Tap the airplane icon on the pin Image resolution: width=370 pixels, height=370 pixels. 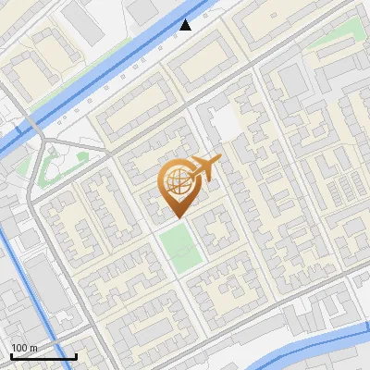pyautogui.click(x=205, y=168)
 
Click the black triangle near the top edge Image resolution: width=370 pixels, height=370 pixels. pyautogui.click(x=186, y=25)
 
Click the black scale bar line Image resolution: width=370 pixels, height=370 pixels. pyautogui.click(x=43, y=357)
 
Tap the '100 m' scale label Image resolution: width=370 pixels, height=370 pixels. pyautogui.click(x=24, y=348)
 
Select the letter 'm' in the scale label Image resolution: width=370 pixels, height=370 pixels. pyautogui.click(x=32, y=348)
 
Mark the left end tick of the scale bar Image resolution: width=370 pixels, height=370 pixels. pyautogui.click(x=11, y=355)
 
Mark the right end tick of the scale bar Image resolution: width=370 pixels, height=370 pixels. pyautogui.click(x=76, y=355)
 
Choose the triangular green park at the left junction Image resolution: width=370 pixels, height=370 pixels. pyautogui.click(x=51, y=165)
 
